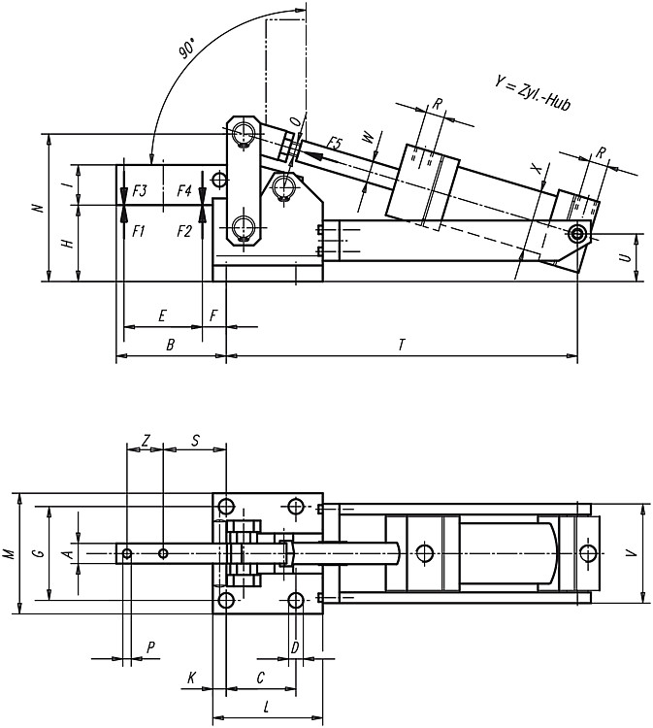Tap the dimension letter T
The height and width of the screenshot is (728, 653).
click(x=402, y=345)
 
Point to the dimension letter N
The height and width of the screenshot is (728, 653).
click(x=40, y=208)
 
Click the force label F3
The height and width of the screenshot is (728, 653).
click(x=140, y=190)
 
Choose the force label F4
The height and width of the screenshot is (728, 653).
click(x=184, y=190)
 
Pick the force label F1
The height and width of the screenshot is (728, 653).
click(x=139, y=231)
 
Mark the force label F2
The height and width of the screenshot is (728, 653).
click(x=184, y=231)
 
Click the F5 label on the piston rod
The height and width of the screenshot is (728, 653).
click(x=334, y=143)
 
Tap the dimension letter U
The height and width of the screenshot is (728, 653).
click(x=626, y=257)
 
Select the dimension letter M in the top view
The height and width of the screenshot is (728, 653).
click(x=11, y=553)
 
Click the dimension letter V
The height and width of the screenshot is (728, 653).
click(x=632, y=553)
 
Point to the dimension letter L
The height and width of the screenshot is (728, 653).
click(x=267, y=707)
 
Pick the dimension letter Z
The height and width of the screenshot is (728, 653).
click(x=146, y=441)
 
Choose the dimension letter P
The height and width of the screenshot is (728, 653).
click(x=149, y=647)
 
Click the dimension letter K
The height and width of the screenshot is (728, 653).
click(x=191, y=678)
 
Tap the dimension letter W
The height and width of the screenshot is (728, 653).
click(x=367, y=137)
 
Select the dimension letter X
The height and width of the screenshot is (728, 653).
click(x=537, y=169)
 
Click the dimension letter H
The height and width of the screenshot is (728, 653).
click(x=68, y=243)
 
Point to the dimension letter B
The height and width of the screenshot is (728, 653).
click(x=171, y=345)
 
